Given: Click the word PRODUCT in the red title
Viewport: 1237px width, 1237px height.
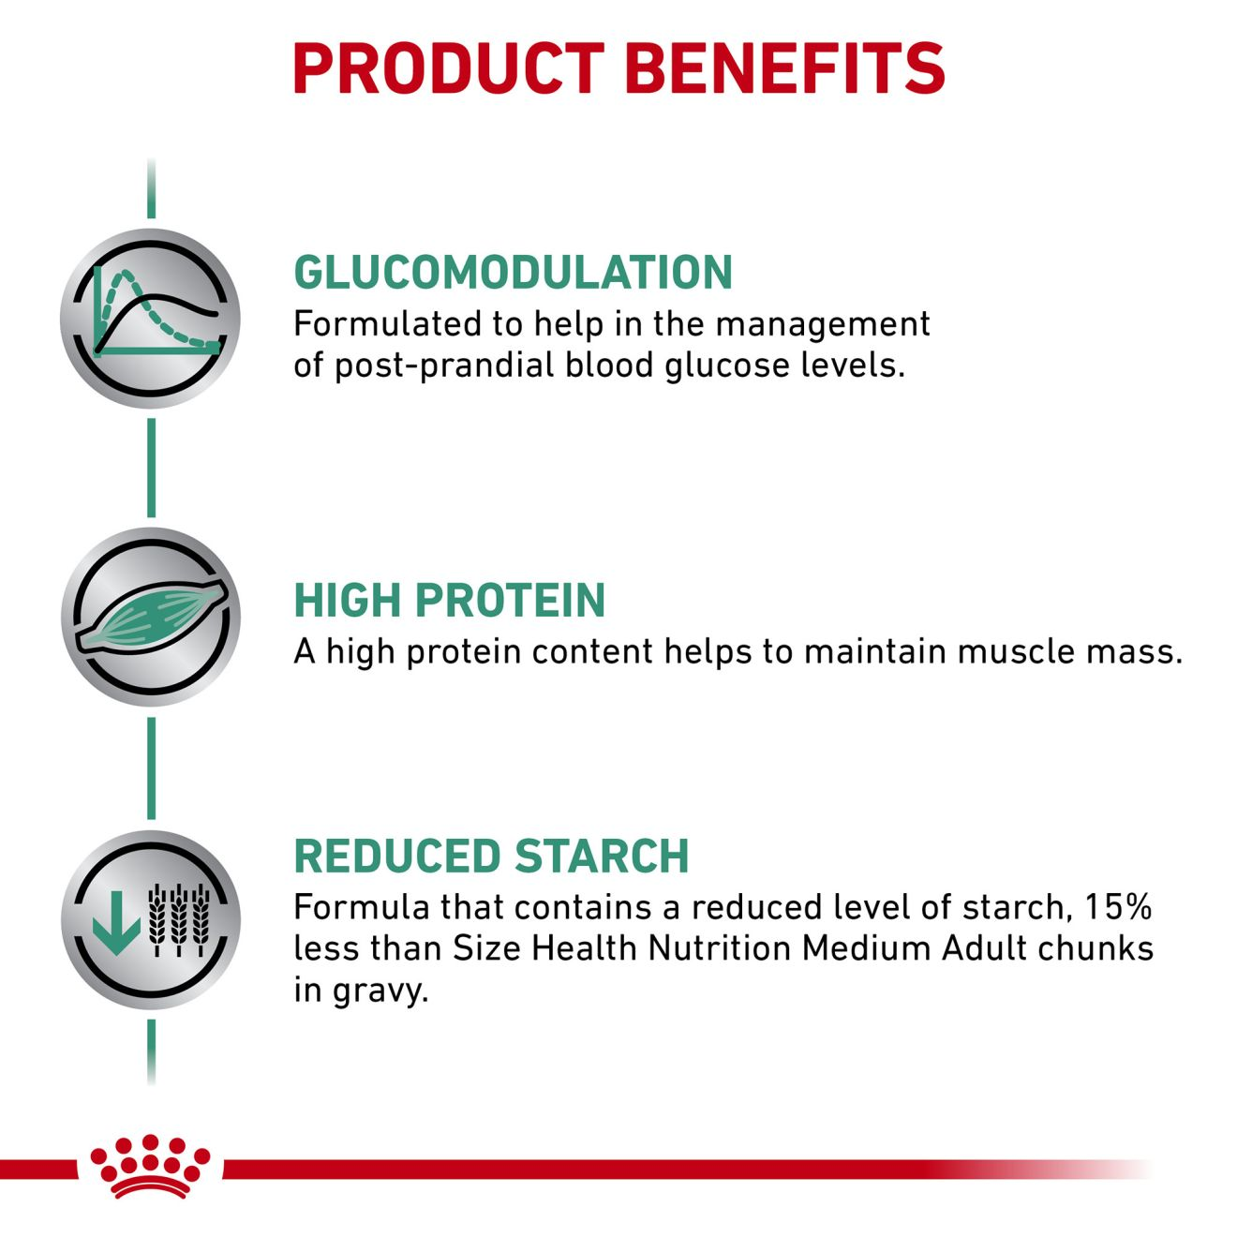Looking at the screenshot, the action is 448,68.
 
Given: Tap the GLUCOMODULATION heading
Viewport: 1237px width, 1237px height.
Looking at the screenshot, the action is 513,272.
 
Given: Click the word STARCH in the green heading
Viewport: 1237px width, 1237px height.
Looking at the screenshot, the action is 602,856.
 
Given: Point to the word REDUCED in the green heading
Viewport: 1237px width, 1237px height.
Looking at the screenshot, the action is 396,856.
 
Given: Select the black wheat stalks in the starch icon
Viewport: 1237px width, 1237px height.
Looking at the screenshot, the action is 179,920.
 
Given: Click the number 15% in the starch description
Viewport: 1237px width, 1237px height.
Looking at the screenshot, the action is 1119,907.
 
